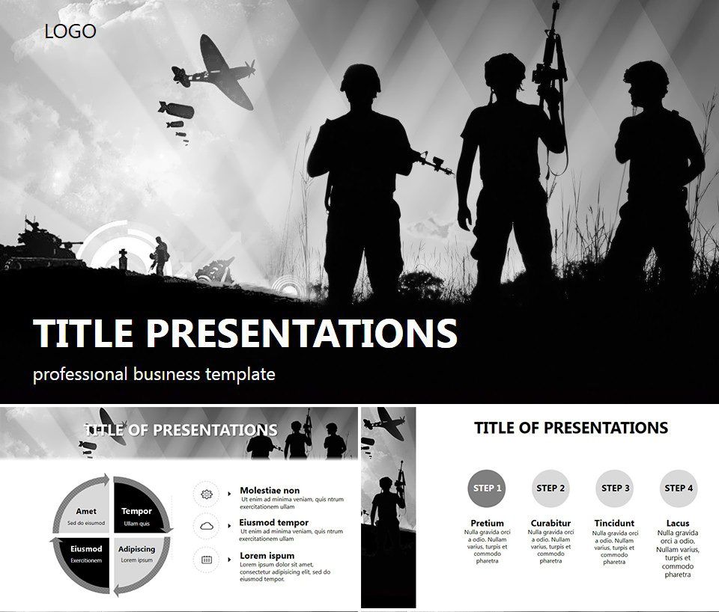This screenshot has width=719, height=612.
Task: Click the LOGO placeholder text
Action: point(70,31)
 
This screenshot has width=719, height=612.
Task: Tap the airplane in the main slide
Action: point(214,73)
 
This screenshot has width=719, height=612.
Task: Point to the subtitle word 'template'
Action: point(239,374)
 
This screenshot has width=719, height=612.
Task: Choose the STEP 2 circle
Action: point(550,489)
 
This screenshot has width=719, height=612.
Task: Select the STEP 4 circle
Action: point(679,489)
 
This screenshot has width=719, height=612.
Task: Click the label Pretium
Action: point(487,523)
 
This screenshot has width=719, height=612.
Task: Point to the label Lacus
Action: point(678,523)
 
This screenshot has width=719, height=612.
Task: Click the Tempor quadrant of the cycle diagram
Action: point(139,509)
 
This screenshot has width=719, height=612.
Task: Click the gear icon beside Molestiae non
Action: point(207,494)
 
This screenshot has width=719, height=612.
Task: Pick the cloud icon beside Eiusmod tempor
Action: point(207,526)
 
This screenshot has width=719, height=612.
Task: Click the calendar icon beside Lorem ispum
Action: point(207,559)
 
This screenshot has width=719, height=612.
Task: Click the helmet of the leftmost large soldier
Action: point(361,77)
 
